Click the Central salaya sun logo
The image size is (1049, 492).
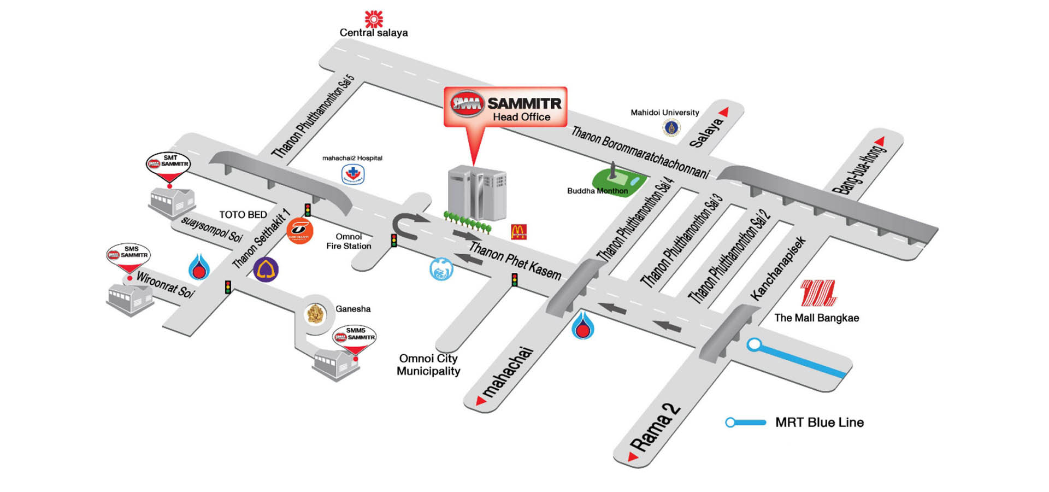(374, 19)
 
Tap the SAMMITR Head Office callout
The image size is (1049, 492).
(505, 107)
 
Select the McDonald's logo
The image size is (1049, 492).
(518, 232)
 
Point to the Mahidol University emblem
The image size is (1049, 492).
(671, 128)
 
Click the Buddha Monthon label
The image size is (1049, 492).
(597, 191)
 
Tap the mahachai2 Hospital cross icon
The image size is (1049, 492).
(353, 174)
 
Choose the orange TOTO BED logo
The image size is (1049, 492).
(299, 231)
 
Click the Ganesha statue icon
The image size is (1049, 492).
(316, 314)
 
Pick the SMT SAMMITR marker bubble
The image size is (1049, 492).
(168, 162)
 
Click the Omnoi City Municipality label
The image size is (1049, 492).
(428, 365)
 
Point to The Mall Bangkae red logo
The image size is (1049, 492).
(818, 293)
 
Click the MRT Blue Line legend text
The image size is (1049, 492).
(819, 422)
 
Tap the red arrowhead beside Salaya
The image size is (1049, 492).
(724, 112)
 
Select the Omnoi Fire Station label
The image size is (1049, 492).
(349, 241)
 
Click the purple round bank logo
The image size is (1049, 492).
(266, 269)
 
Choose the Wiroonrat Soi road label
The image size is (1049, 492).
(165, 285)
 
